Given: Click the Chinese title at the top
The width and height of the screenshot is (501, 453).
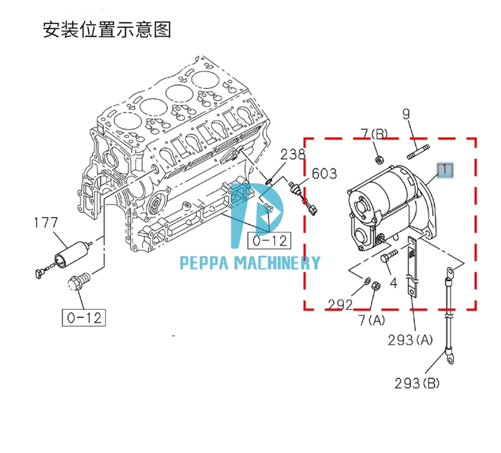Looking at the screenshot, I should [x=107, y=29].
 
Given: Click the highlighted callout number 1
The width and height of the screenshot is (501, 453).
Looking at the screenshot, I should [x=445, y=170].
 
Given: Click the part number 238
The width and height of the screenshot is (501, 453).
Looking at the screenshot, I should [x=293, y=155].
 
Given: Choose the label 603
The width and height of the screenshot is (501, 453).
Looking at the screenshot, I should [x=324, y=174].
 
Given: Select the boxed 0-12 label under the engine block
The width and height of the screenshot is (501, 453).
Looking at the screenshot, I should [x=269, y=241].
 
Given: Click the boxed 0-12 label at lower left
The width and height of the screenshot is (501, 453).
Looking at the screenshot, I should [x=83, y=318].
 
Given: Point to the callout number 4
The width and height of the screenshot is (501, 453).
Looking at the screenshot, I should [x=393, y=282].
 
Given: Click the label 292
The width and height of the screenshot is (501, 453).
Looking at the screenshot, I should [x=340, y=304].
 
